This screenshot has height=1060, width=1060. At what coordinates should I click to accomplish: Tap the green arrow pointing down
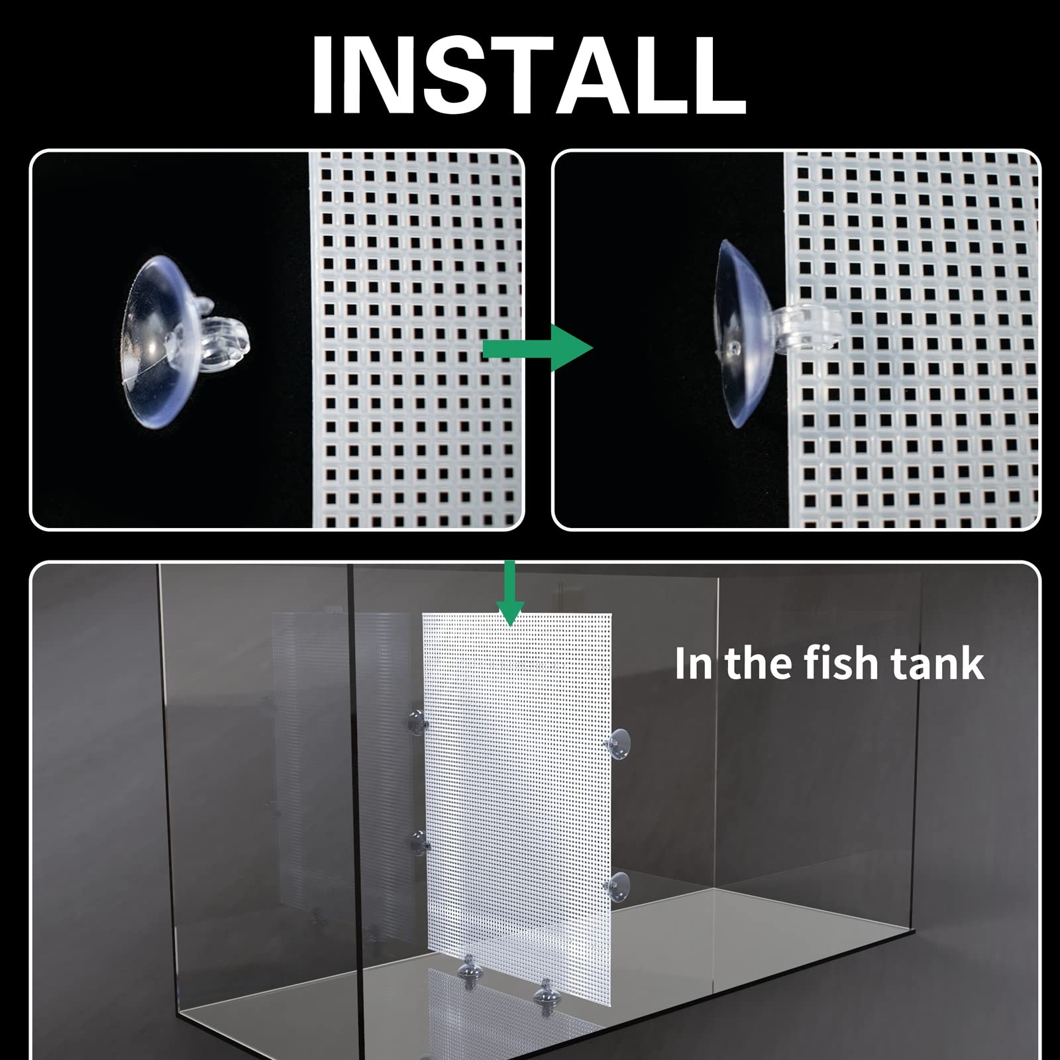pyautogui.click(x=509, y=594)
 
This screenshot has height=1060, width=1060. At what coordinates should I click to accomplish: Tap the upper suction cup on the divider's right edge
pyautogui.click(x=618, y=745)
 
